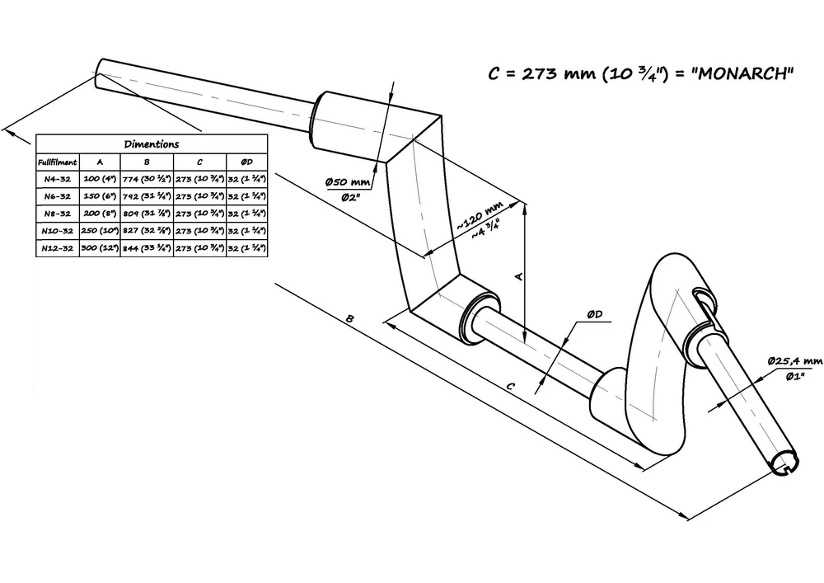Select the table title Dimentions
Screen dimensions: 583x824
point(152,143)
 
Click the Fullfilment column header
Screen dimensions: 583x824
point(58,162)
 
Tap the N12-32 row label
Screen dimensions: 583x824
point(58,247)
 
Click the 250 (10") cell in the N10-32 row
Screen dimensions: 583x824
point(100,230)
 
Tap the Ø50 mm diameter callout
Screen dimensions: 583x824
point(349,181)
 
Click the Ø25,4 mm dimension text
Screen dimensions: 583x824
point(794,361)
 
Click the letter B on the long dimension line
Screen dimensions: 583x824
point(350,318)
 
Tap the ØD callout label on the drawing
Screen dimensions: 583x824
point(595,315)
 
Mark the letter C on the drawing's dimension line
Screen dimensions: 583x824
point(511,385)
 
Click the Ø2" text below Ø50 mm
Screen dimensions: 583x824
point(352,197)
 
